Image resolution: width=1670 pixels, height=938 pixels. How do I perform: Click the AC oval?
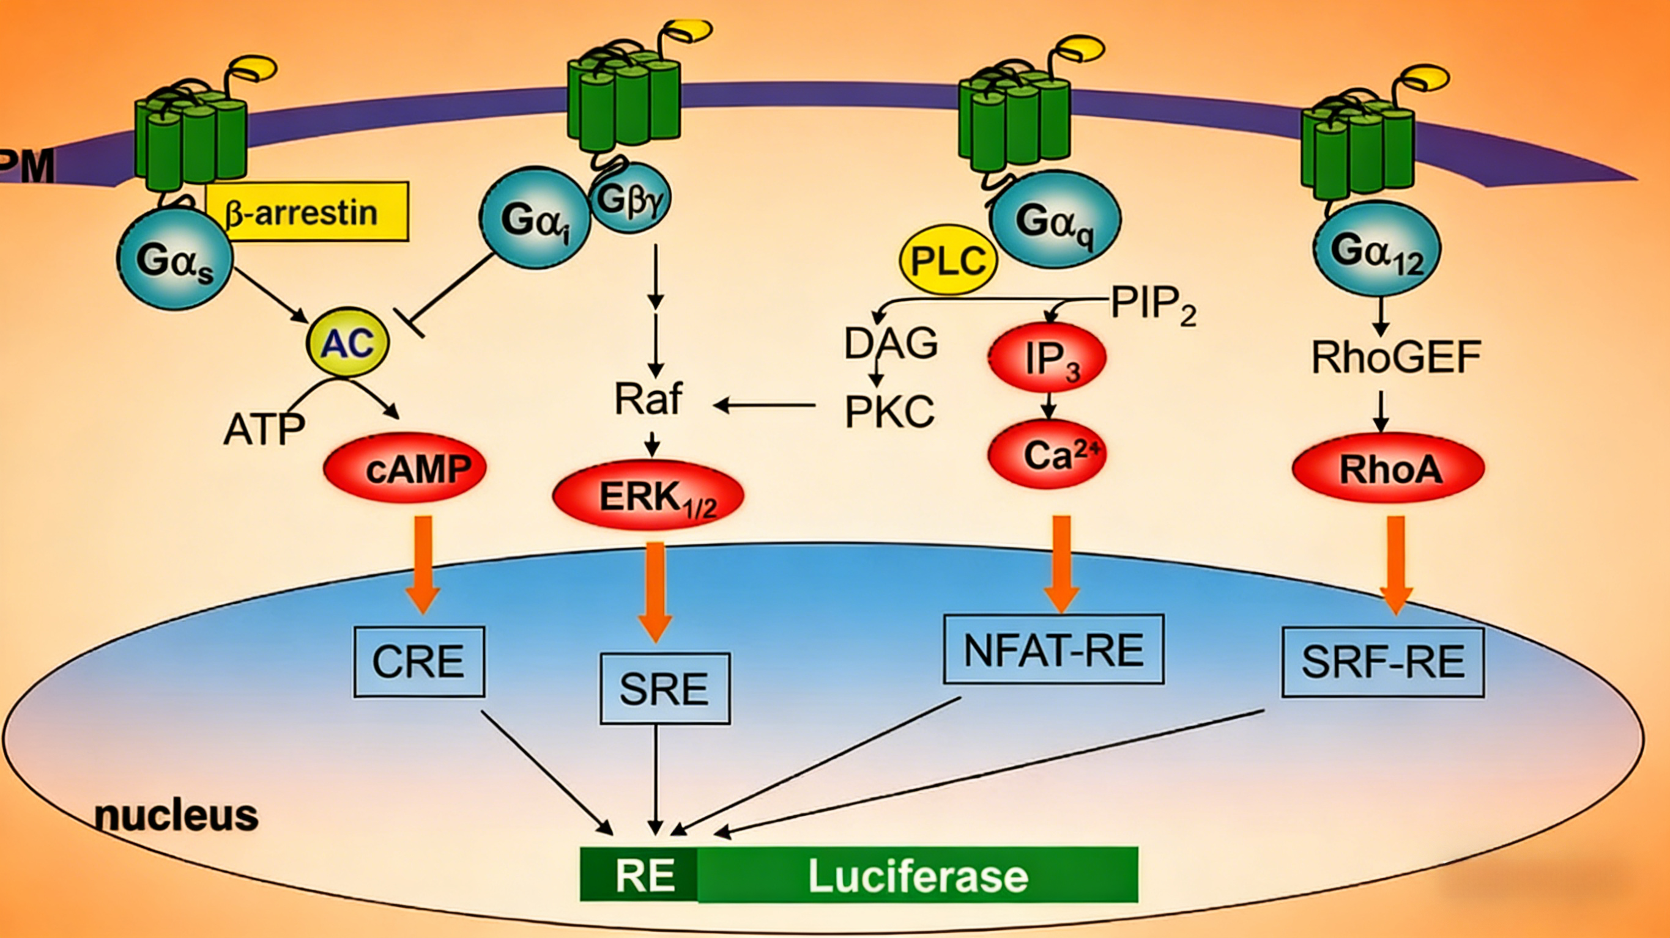[347, 343]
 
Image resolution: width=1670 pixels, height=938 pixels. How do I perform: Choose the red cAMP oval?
[405, 468]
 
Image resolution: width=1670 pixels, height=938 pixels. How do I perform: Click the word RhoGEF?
[1396, 357]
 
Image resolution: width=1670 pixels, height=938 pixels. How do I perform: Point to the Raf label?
[648, 399]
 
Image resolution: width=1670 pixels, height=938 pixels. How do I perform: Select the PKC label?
[889, 411]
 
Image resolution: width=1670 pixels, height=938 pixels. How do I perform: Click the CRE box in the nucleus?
[419, 661]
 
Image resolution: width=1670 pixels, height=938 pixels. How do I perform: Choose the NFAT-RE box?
[1053, 650]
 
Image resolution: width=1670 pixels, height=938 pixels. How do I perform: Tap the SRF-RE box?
[1383, 662]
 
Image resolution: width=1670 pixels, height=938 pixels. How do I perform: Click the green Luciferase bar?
[918, 876]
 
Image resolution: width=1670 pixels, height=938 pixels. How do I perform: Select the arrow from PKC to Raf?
[765, 406]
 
